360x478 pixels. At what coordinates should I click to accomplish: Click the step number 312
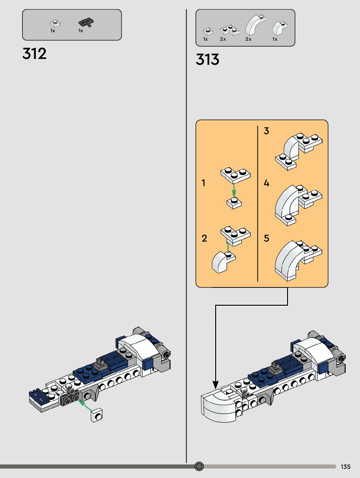pos(35,54)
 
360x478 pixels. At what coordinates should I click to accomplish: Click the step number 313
pos(208,60)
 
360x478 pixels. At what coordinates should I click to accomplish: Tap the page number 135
pos(345,467)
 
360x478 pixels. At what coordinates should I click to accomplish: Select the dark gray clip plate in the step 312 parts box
pos(86,23)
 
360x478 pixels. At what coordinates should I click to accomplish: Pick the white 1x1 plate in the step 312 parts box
pos(55,23)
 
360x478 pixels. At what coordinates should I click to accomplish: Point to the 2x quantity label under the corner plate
pos(223,39)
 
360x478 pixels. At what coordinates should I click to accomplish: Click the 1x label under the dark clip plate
pos(81,31)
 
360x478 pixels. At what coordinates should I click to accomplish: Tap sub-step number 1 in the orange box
pos(204,183)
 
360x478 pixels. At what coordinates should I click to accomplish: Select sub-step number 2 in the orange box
pos(204,238)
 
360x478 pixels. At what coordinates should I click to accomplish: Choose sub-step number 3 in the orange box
pos(266,131)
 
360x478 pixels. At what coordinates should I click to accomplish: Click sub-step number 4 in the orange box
pos(266,183)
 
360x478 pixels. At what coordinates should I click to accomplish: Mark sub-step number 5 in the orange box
pos(266,238)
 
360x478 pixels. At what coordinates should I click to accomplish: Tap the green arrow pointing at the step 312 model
pos(85,405)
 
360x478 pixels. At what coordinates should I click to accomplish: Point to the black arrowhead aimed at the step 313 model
pos(215,385)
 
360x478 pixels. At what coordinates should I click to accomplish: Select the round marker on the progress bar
pos(199,466)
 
